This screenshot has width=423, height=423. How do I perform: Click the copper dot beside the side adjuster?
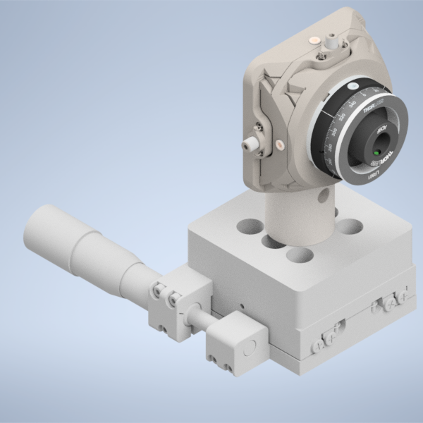pos(281,145)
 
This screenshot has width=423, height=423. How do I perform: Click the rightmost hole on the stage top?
pos(350,226)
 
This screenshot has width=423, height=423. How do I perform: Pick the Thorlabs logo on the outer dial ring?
pos(370,109)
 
